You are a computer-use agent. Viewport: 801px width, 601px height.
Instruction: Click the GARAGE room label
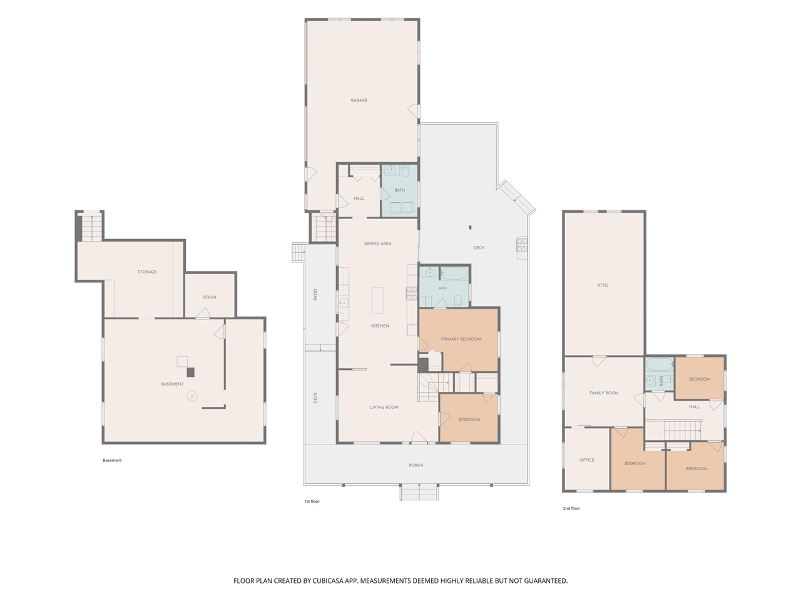click(x=359, y=100)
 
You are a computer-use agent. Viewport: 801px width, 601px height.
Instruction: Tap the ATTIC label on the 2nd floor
click(x=603, y=285)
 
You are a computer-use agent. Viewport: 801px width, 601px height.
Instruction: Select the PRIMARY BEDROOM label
click(x=461, y=339)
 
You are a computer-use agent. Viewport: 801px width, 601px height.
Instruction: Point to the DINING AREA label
click(x=377, y=244)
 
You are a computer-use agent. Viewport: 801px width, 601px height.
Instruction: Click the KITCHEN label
click(x=380, y=326)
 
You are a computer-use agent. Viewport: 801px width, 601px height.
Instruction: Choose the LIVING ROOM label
click(x=384, y=408)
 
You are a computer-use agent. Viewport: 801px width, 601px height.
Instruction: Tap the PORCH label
click(x=416, y=466)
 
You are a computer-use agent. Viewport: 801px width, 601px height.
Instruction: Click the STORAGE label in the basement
click(x=147, y=272)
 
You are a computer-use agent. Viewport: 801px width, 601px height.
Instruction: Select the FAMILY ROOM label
click(x=604, y=393)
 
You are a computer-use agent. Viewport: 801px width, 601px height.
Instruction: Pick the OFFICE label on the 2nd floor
click(x=587, y=461)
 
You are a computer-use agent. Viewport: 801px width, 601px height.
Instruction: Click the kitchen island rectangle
click(x=378, y=300)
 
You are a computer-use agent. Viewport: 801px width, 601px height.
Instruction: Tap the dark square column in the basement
click(x=190, y=372)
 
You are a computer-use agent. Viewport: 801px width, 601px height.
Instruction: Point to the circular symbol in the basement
click(x=192, y=396)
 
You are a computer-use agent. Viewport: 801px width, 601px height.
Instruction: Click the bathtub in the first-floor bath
click(x=454, y=274)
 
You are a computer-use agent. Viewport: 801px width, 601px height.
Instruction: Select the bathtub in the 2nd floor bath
click(x=660, y=364)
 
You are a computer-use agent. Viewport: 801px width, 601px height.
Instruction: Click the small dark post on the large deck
click(x=470, y=227)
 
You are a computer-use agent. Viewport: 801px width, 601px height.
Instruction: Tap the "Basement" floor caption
click(x=112, y=461)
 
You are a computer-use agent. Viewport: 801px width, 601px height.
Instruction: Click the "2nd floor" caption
click(x=571, y=509)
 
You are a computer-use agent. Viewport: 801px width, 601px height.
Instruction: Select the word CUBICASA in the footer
click(x=328, y=581)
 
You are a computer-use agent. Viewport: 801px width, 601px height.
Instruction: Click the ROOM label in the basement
click(x=210, y=297)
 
